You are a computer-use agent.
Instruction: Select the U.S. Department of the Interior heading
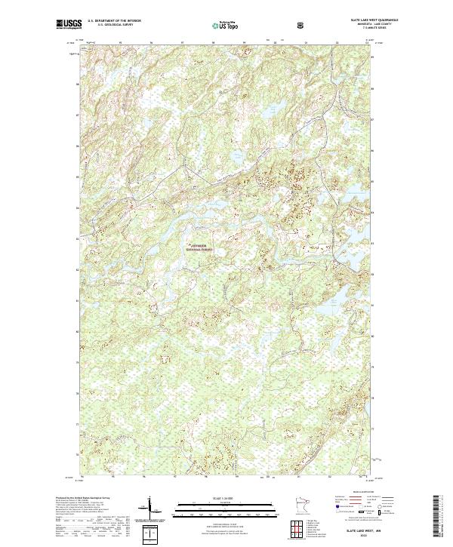pyautogui.click(x=114, y=21)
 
